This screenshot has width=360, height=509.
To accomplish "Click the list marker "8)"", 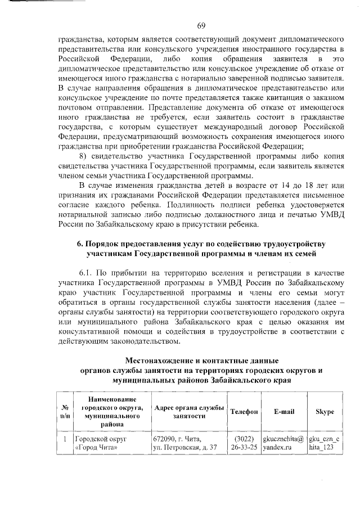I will click(83, 156).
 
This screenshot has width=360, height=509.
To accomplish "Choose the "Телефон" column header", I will click(244, 412).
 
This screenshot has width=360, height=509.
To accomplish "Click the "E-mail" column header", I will click(284, 412).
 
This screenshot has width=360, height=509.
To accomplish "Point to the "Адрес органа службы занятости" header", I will click(189, 412).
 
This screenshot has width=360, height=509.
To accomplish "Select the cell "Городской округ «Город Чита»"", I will click(101, 443).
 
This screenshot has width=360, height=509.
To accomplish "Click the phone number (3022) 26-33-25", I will click(244, 443).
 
